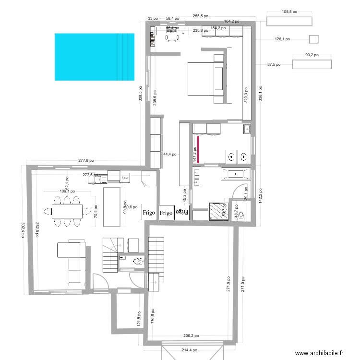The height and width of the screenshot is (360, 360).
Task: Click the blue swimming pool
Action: click(94, 57)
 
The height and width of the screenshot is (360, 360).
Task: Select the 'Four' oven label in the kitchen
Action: click(125, 178)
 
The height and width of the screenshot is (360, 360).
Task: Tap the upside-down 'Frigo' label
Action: click(182, 211)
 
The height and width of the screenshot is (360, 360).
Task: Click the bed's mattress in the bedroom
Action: click(202, 79)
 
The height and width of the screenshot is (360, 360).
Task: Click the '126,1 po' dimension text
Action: click(282, 39)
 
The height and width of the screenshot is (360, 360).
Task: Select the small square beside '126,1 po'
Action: click(314, 39)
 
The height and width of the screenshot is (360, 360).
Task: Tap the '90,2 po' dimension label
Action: click(312, 55)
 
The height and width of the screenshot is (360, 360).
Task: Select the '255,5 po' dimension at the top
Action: click(200, 16)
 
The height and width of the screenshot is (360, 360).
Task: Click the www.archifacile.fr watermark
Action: click(319, 353)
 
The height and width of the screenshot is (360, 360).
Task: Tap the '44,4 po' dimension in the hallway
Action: click(169, 155)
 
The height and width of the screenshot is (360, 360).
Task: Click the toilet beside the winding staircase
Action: click(138, 262)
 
